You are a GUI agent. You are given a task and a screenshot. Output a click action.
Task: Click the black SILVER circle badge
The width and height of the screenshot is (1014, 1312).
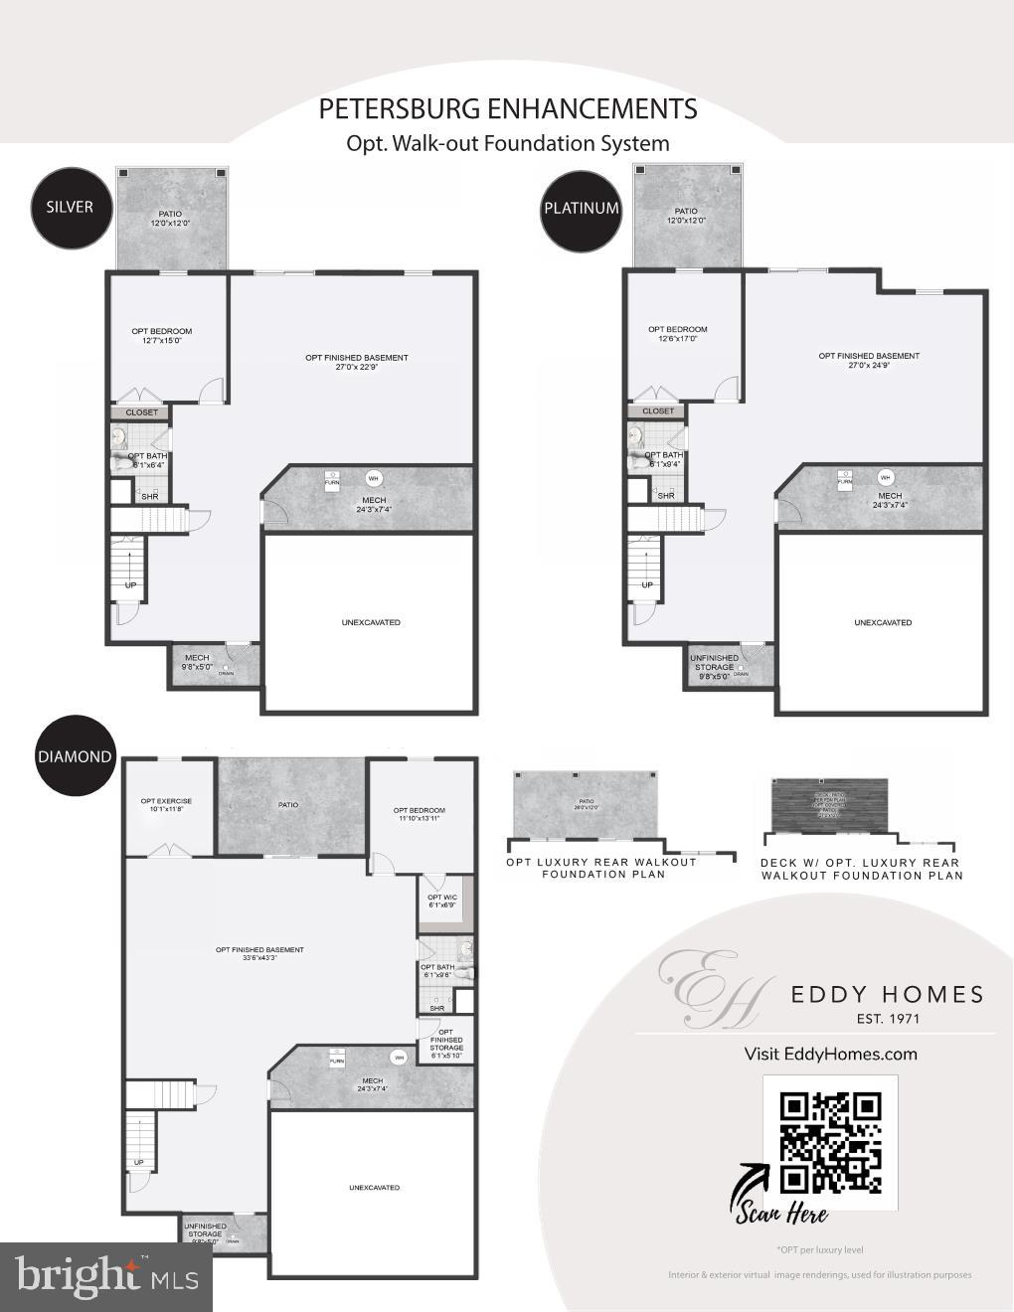(70, 207)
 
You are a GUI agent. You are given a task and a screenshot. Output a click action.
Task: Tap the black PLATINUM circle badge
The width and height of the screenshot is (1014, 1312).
(581, 208)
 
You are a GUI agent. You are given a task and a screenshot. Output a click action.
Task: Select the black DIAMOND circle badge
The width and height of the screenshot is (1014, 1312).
(75, 756)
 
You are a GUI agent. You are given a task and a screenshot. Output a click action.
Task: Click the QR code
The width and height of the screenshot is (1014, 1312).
(830, 1142)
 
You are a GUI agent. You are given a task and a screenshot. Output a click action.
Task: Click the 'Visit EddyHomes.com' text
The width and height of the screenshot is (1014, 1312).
(830, 1054)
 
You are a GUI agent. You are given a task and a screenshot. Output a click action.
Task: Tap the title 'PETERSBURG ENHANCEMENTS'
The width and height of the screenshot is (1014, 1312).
(507, 109)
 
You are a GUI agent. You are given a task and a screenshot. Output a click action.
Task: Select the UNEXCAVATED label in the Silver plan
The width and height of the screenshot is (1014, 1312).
(371, 622)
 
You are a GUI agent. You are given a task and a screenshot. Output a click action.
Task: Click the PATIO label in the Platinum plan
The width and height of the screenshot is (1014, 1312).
(686, 211)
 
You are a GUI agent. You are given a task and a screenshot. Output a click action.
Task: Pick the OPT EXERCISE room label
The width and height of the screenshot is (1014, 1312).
(166, 801)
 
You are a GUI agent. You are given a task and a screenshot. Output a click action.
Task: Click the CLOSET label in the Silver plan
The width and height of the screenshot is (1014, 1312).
(141, 411)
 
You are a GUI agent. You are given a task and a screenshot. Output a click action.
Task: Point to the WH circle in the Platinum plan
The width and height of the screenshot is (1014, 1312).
(885, 476)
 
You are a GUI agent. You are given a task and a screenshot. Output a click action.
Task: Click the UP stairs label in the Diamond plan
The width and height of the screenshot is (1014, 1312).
(138, 1162)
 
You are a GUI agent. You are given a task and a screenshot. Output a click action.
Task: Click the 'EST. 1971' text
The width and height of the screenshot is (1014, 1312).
(887, 1018)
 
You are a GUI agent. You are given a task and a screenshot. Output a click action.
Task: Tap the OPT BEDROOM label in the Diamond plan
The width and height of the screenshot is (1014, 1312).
(419, 810)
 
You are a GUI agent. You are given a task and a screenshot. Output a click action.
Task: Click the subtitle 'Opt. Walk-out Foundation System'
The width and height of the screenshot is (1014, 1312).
(507, 143)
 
